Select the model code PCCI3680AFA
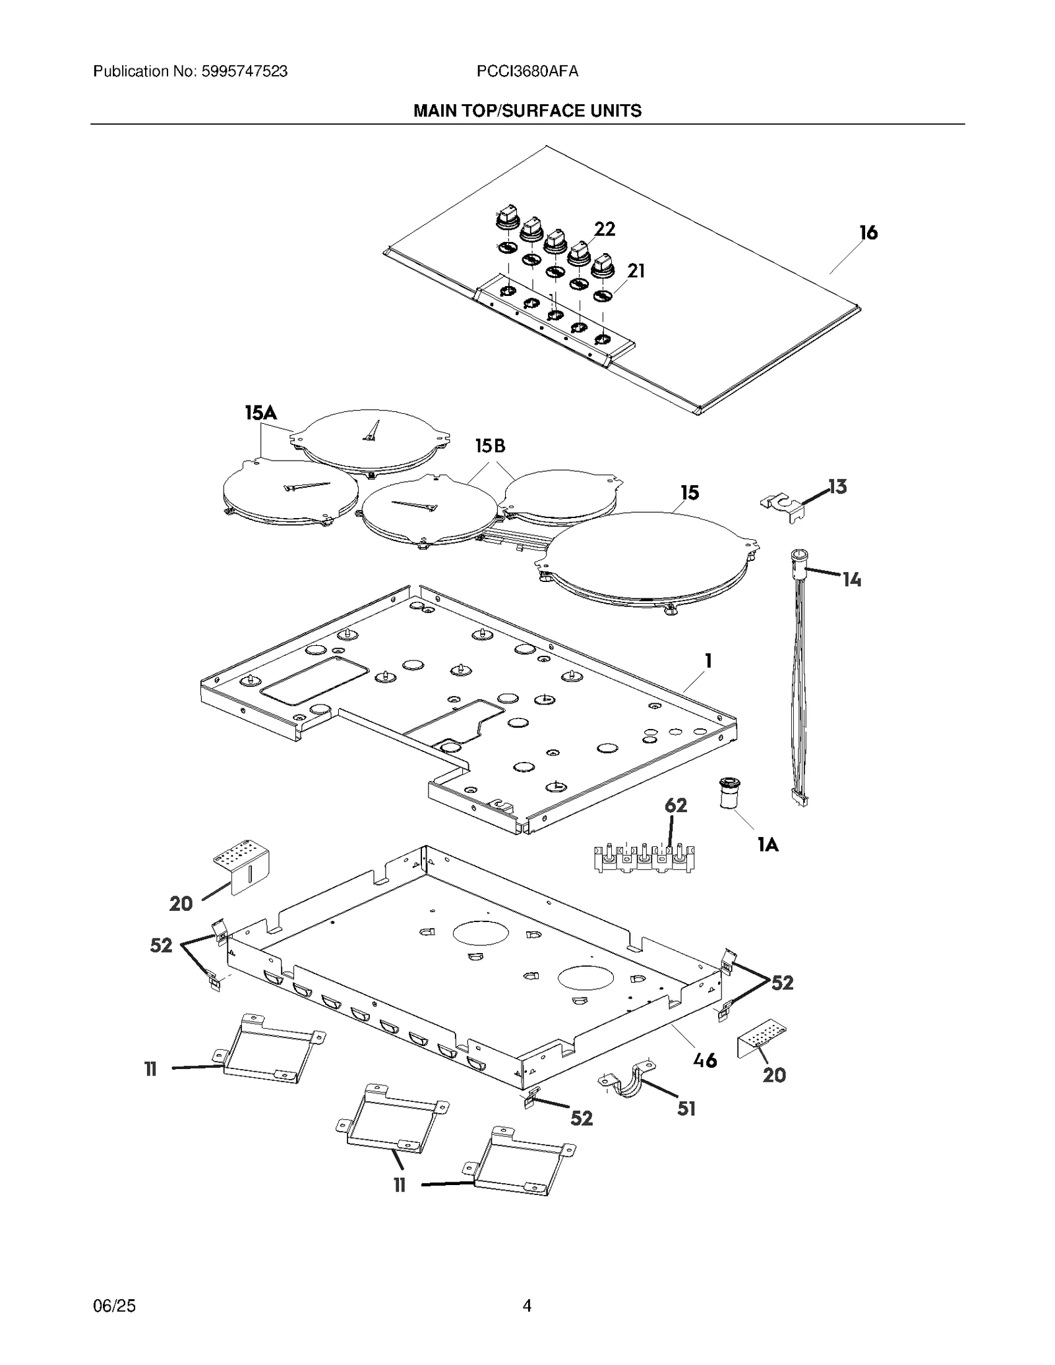pyautogui.click(x=527, y=71)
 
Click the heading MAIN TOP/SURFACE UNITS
pyautogui.click(x=527, y=111)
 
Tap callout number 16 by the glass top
pyautogui.click(x=868, y=233)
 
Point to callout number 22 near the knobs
pyautogui.click(x=604, y=229)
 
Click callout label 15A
pyautogui.click(x=260, y=413)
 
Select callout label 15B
pyautogui.click(x=490, y=446)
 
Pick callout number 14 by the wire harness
pyautogui.click(x=851, y=579)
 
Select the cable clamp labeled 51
pyautogui.click(x=629, y=1083)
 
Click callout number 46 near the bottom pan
pyautogui.click(x=705, y=1060)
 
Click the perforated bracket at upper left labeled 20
pyautogui.click(x=241, y=865)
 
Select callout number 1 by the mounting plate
pyautogui.click(x=708, y=660)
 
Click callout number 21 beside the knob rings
pyautogui.click(x=636, y=271)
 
